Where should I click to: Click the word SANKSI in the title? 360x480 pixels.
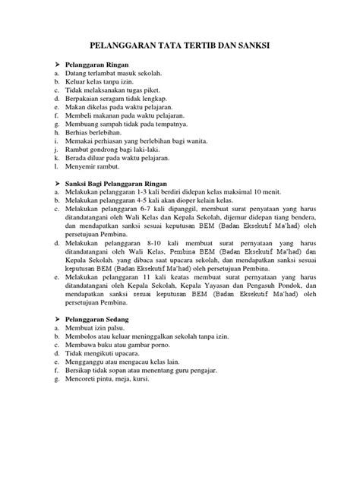250,48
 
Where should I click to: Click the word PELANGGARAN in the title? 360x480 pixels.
124,48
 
